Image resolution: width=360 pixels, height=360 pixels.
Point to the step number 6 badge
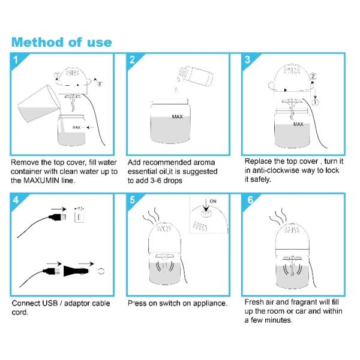pyautogui.click(x=250, y=200)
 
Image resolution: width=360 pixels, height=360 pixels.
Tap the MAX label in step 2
pyautogui.click(x=177, y=117)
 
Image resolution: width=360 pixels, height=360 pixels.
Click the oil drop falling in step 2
pyautogui.click(x=176, y=90)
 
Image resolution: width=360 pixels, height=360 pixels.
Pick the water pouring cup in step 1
pyautogui.click(x=38, y=103)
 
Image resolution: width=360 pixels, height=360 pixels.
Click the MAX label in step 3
pyautogui.click(x=298, y=124)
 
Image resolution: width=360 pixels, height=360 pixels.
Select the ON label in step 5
pyautogui.click(x=213, y=201)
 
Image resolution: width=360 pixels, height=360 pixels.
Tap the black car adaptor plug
pyautogui.click(x=76, y=271)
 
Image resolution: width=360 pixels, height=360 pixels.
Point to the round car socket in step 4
pyautogui.click(x=101, y=271)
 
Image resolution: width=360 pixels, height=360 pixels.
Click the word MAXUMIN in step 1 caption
pyautogui.click(x=41, y=180)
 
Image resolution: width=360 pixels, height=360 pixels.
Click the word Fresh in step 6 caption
pyautogui.click(x=254, y=302)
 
